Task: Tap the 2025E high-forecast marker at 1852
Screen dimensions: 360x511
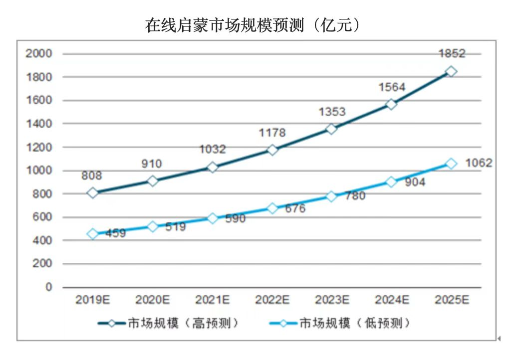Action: click(451, 72)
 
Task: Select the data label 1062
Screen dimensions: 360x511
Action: click(479, 163)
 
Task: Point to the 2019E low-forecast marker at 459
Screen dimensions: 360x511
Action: click(93, 234)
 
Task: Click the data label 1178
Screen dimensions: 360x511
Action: click(272, 133)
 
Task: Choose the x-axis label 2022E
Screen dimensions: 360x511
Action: click(272, 300)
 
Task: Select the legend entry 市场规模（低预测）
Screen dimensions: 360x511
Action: click(355, 323)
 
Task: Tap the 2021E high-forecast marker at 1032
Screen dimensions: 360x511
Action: click(213, 167)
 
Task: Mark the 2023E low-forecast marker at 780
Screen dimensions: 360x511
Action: click(332, 196)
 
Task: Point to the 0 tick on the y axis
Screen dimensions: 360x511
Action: click(48, 287)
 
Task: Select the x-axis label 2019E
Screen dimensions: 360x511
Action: click(93, 300)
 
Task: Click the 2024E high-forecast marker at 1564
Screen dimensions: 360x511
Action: click(391, 104)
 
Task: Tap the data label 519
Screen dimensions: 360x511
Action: click(175, 227)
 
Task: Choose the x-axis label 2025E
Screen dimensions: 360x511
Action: click(452, 300)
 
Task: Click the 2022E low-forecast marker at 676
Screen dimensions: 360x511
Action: click(272, 208)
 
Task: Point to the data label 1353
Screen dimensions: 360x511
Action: click(332, 112)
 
